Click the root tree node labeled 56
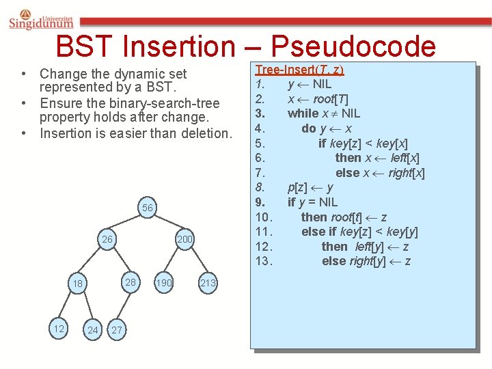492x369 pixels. [x=148, y=208]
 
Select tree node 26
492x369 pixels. [x=107, y=240]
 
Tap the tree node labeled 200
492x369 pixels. [x=184, y=239]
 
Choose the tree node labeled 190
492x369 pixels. [x=164, y=283]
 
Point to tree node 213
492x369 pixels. [x=208, y=283]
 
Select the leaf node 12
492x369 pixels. [x=59, y=329]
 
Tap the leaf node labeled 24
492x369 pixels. [x=93, y=330]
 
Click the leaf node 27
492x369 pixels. [x=116, y=330]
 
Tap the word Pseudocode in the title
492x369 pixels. [x=353, y=46]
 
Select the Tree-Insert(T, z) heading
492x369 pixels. [x=299, y=69]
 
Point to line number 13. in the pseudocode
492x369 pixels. [x=264, y=261]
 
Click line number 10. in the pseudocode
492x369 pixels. [x=264, y=217]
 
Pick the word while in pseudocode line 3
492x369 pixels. [x=303, y=113]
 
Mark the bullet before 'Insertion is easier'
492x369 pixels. [x=23, y=133]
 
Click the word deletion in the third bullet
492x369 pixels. [x=208, y=133]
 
